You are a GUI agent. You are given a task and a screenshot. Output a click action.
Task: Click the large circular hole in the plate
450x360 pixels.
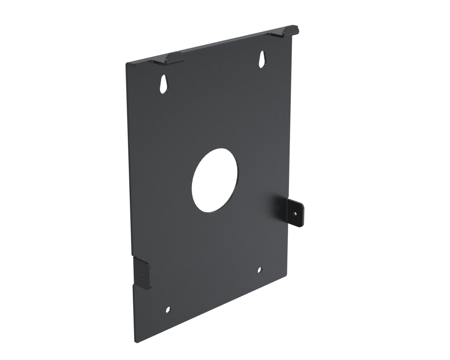(215, 180)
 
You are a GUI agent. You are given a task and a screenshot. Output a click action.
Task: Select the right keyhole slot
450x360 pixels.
(262, 59)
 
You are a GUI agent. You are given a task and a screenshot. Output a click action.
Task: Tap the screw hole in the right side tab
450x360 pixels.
(295, 214)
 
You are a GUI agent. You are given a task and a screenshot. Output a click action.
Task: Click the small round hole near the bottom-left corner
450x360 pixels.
(168, 310)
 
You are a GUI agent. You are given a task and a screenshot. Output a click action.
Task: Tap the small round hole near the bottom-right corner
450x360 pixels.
(260, 270)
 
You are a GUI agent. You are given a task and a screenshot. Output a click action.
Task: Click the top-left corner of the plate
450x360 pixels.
(127, 64)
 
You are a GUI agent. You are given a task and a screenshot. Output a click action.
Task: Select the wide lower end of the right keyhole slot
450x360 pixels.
(262, 63)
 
